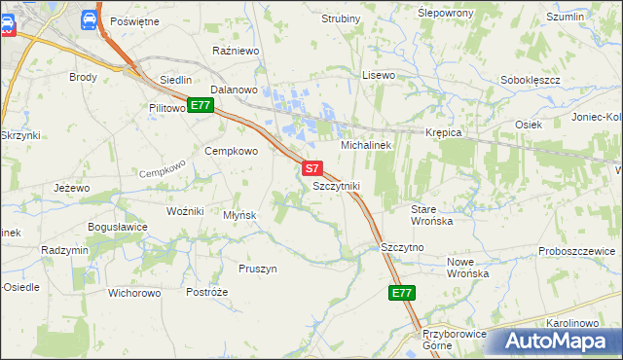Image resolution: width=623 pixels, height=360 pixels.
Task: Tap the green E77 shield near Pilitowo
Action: [201, 105]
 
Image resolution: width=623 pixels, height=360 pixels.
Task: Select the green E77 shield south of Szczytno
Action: [401, 293]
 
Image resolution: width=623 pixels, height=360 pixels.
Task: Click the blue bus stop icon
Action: [89, 18]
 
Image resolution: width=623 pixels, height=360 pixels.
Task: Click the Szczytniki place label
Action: [337, 185]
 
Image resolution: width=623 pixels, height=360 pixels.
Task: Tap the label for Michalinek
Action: [365, 145]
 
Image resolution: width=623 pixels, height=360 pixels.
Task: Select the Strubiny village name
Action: [341, 18]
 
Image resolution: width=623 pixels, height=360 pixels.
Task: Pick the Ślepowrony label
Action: [445, 13]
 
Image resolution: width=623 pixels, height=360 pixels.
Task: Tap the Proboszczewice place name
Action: [578, 251]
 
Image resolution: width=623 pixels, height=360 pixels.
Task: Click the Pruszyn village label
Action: [258, 269]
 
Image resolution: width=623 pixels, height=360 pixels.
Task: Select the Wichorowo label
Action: [133, 292]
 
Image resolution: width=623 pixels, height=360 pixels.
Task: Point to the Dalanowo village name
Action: [233, 90]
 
